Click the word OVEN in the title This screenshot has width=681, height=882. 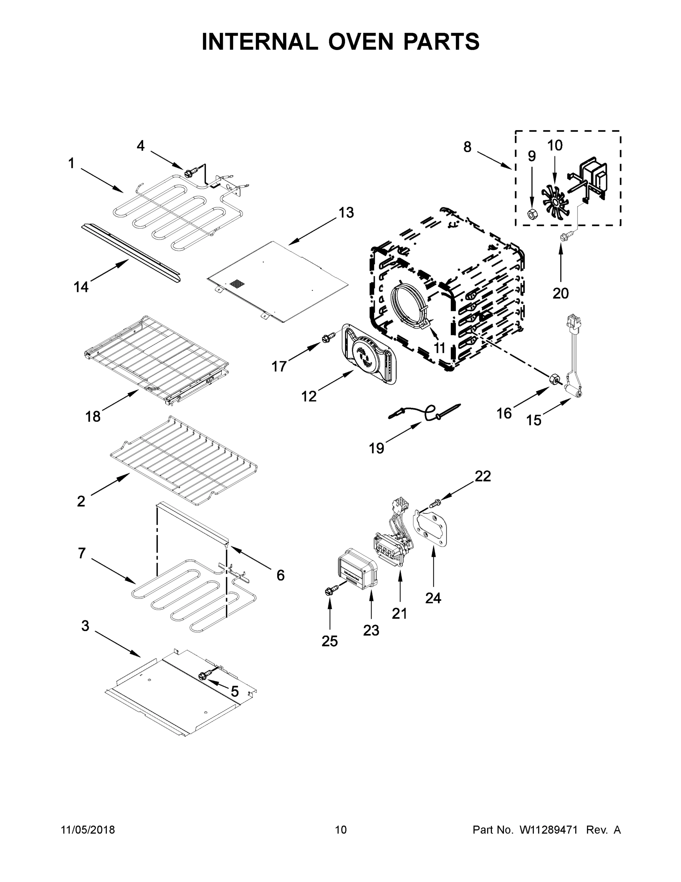tap(360, 42)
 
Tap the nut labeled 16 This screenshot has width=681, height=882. tap(554, 379)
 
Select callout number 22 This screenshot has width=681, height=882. tap(482, 477)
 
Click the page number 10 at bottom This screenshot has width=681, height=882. tap(341, 830)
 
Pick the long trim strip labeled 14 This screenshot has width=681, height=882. tap(131, 253)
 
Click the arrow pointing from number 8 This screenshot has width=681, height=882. tap(495, 159)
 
